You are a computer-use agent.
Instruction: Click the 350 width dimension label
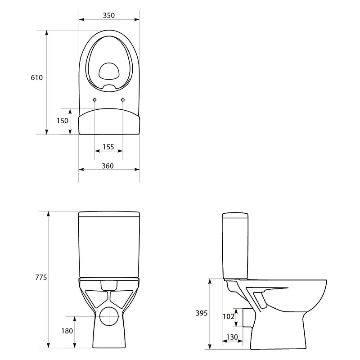click(x=108, y=15)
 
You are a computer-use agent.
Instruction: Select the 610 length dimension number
click(x=37, y=77)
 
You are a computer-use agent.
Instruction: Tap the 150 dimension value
click(x=63, y=121)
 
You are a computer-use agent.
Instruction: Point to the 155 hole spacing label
click(x=108, y=147)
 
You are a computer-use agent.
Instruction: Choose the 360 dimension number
click(x=108, y=166)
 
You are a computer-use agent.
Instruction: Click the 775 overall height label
click(x=41, y=277)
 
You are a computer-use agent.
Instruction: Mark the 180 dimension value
click(x=67, y=331)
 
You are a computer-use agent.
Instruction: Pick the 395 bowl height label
click(x=202, y=313)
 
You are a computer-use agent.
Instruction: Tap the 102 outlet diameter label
click(x=229, y=317)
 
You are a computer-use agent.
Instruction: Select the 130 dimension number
click(x=232, y=337)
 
